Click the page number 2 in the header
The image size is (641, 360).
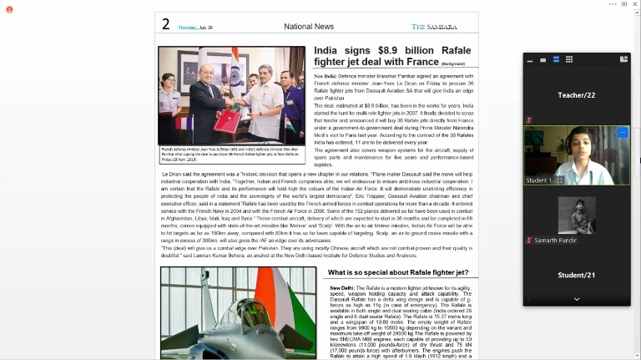(166, 25)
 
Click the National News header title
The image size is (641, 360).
(308, 27)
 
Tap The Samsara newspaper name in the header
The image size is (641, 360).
(434, 27)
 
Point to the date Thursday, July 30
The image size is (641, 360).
(195, 28)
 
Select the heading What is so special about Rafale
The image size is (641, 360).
(398, 272)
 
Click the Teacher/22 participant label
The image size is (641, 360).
(577, 95)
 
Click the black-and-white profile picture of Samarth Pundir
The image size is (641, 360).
(577, 215)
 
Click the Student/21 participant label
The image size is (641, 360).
(577, 275)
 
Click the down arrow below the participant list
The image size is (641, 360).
(577, 299)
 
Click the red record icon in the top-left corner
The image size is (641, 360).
(9, 9)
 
